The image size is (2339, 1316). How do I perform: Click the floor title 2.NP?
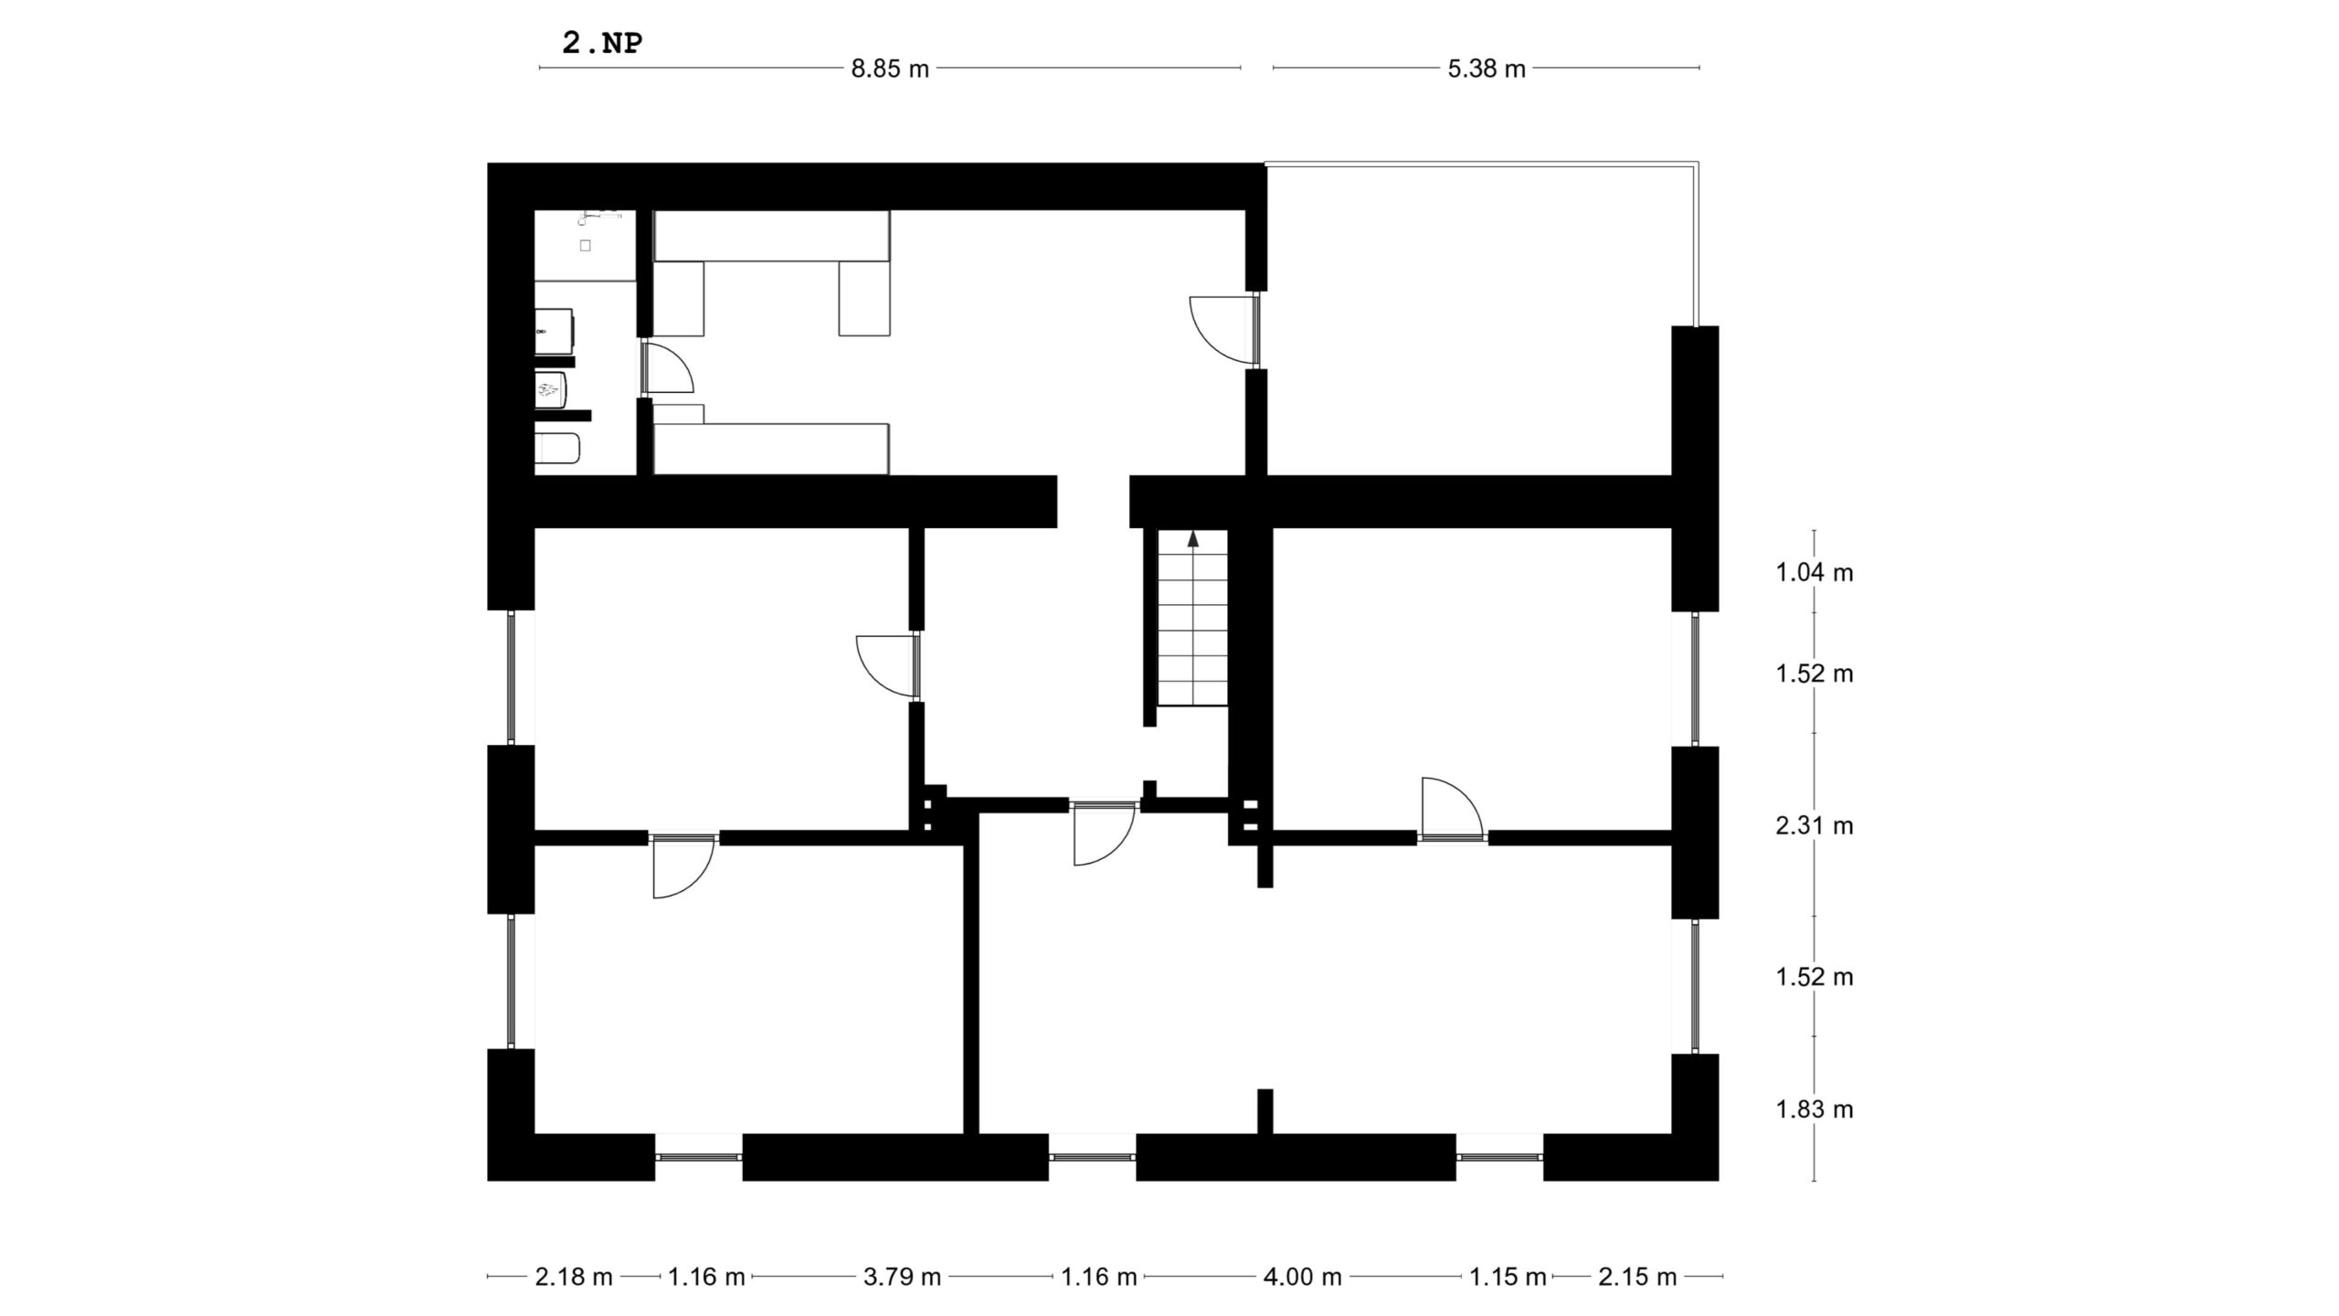point(602,43)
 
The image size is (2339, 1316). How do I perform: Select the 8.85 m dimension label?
point(890,69)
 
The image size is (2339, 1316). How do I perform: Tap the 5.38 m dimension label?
point(1487,69)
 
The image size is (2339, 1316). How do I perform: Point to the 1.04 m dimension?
point(1814,573)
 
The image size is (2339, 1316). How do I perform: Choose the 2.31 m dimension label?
point(1814,826)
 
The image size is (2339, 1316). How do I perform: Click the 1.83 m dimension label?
point(1814,1109)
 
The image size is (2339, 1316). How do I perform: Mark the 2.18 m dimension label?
point(574,1277)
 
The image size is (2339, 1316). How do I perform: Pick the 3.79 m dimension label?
point(902,1277)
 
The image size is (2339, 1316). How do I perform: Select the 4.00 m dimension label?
point(1302,1277)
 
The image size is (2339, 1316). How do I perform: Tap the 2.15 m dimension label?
point(1637,1277)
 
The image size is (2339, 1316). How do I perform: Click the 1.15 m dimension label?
point(1508,1277)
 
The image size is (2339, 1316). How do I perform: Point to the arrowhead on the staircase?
point(1192,538)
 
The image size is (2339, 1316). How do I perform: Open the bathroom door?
point(667,367)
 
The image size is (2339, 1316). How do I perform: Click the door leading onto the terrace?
point(1224,329)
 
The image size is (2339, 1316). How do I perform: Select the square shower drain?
point(586,246)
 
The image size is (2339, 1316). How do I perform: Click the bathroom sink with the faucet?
point(555,331)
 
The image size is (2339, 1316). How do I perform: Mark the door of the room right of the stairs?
point(1452,807)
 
